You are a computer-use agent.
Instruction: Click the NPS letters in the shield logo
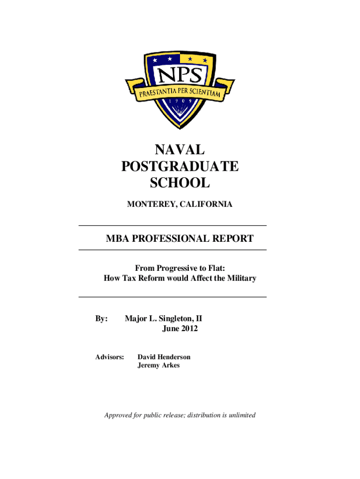pyautogui.click(x=180, y=74)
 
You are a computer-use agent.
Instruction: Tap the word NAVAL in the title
pyautogui.click(x=180, y=150)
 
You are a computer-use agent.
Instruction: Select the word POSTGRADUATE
pyautogui.click(x=180, y=167)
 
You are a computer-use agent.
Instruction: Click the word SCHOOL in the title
pyautogui.click(x=180, y=183)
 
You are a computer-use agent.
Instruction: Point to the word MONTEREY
pyautogui.click(x=149, y=204)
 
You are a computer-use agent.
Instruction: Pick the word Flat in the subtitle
pyautogui.click(x=216, y=268)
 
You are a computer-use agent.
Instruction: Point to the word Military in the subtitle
pyautogui.click(x=240, y=278)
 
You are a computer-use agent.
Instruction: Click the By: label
pyautogui.click(x=102, y=319)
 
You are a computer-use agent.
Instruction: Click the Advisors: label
pyautogui.click(x=110, y=357)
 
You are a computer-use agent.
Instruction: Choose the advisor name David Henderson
pyautogui.click(x=164, y=357)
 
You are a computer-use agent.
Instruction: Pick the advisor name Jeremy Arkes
pyautogui.click(x=158, y=365)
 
